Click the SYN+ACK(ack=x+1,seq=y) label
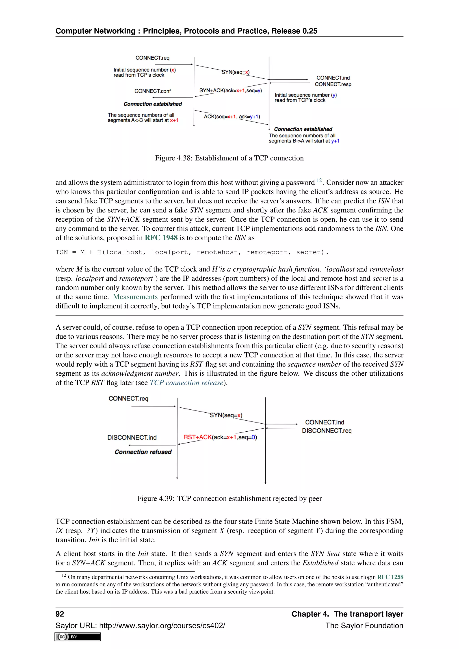230,91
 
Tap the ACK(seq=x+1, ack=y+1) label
232,117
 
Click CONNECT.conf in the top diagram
152,91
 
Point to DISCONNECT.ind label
132,437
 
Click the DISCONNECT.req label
327,431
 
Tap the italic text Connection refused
143,452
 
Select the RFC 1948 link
161,238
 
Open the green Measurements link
135,297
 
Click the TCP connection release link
186,383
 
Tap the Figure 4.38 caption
229,158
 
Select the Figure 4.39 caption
229,498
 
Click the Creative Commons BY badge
78,637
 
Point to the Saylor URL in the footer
140,625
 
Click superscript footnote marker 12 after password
319,180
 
